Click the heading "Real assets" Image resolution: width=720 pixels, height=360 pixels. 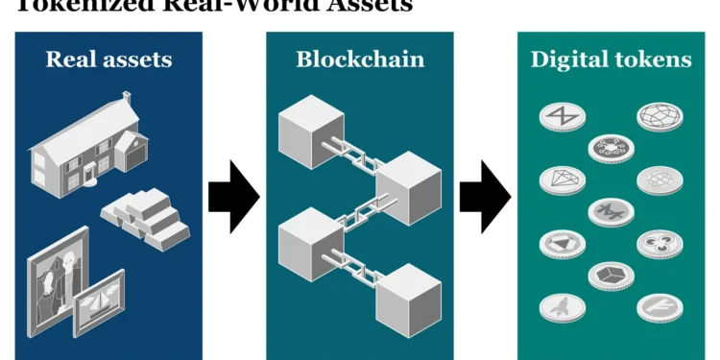click(x=108, y=60)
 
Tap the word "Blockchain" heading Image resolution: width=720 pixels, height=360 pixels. click(x=360, y=60)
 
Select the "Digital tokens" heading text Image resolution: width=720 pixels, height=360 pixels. click(x=611, y=60)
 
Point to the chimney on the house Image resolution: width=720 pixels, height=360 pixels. click(x=126, y=100)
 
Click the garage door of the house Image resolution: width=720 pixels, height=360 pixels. click(x=135, y=154)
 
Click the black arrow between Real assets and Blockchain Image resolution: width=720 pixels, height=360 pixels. click(x=233, y=196)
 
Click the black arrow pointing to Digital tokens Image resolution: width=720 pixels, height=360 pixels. click(x=485, y=196)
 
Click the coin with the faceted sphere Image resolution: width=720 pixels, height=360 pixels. click(x=660, y=116)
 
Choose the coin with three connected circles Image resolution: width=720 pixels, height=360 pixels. click(x=660, y=243)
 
